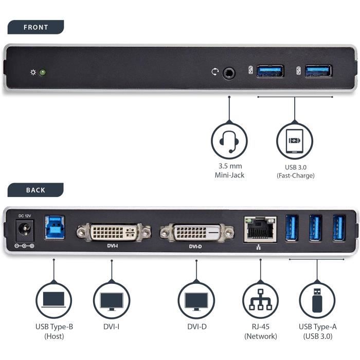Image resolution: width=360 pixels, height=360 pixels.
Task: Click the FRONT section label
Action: [35, 27]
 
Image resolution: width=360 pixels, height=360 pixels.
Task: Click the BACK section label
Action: [35, 190]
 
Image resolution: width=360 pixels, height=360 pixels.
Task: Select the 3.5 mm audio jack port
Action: [229, 73]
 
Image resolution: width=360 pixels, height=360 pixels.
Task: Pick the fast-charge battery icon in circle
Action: [295, 140]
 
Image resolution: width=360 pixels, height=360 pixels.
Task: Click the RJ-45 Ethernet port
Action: [260, 228]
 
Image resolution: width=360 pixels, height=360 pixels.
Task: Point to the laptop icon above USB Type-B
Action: [53, 300]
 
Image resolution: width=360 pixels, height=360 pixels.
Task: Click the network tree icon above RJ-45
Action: [260, 300]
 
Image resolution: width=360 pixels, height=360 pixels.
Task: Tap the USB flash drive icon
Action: [317, 300]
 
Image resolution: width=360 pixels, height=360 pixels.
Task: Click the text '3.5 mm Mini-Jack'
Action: [229, 171]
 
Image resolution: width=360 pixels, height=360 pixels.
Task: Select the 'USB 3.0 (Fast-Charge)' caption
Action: [295, 171]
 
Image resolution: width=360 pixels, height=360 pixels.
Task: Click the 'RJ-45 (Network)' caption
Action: [260, 331]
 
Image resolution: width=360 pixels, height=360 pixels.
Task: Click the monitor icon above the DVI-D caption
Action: [196, 300]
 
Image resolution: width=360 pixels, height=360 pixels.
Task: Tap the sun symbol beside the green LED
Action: [33, 73]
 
